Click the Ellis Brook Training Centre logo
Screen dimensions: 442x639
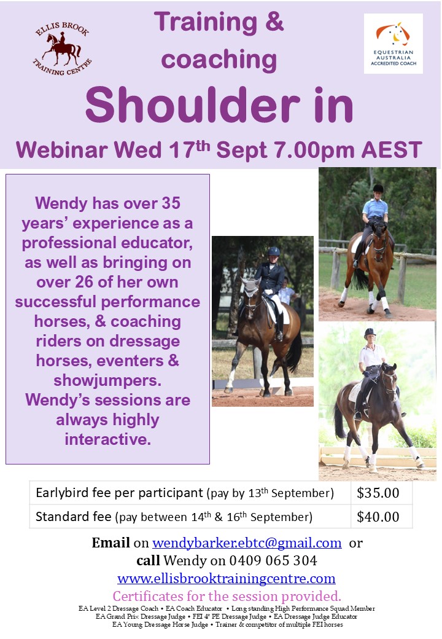pyautogui.click(x=62, y=48)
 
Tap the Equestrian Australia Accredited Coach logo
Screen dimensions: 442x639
pyautogui.click(x=393, y=44)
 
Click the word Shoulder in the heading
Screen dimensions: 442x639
pyautogui.click(x=193, y=104)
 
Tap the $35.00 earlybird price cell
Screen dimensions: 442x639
pyautogui.click(x=378, y=493)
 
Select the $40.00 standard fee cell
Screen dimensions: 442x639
pyautogui.click(x=378, y=516)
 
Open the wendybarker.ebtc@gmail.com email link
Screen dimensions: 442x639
pyautogui.click(x=247, y=543)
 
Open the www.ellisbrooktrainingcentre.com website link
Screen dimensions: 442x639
pyautogui.click(x=227, y=578)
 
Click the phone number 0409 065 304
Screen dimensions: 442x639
pyautogui.click(x=273, y=561)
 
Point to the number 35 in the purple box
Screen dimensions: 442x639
pyautogui.click(x=171, y=203)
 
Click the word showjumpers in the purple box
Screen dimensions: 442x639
pyautogui.click(x=107, y=380)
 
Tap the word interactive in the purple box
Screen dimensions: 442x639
pyautogui.click(x=107, y=439)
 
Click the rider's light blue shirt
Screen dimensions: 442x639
pyautogui.click(x=375, y=208)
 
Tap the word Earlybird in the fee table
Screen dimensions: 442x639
pyautogui.click(x=62, y=493)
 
